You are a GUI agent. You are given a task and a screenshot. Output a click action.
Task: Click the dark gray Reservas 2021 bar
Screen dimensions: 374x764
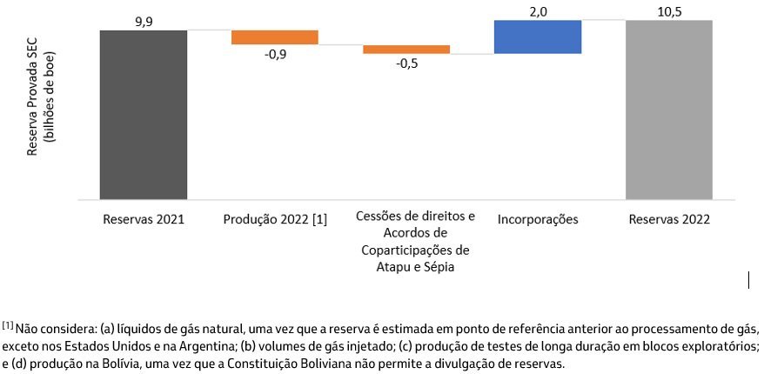coord(144,115)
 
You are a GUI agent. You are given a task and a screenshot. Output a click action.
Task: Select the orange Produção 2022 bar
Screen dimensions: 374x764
coord(274,37)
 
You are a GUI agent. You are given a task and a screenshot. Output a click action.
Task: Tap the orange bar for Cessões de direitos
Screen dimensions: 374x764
coord(406,50)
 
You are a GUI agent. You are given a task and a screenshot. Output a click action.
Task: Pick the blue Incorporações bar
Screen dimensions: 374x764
coord(537,37)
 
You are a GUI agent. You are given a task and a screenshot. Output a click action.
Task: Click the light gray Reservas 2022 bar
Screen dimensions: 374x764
coord(668,110)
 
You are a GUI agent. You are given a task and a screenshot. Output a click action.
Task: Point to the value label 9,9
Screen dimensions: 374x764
coord(144,20)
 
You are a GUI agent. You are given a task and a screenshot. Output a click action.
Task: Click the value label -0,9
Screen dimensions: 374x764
coord(275,54)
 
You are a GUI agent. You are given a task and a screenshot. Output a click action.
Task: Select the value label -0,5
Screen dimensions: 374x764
coord(406,64)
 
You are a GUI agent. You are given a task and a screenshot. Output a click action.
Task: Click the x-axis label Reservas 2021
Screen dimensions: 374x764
coord(144,219)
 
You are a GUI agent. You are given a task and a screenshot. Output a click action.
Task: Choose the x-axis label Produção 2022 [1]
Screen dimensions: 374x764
coord(275,219)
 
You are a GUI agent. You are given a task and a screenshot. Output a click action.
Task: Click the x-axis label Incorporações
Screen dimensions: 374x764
coord(538,219)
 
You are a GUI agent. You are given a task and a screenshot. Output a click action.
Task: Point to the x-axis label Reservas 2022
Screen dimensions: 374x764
coord(669,219)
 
